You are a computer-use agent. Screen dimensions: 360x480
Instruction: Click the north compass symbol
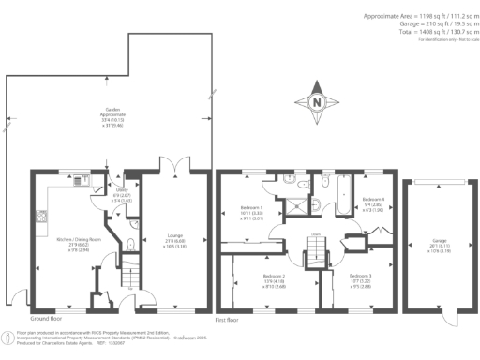[317, 102]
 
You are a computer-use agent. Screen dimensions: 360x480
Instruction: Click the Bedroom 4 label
[373, 200]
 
